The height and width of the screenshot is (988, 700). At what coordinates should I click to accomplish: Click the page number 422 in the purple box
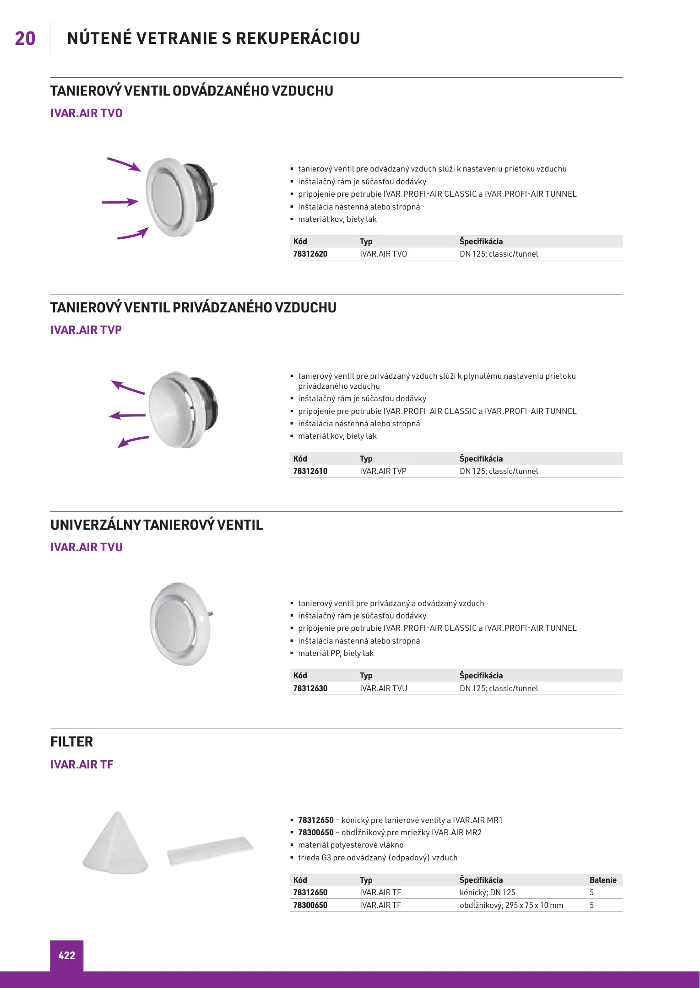click(x=66, y=956)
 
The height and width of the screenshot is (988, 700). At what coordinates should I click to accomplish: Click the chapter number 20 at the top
click(x=25, y=38)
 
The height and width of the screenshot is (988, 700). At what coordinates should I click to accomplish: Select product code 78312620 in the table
click(x=310, y=254)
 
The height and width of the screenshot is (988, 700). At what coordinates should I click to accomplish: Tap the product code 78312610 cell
click(x=310, y=471)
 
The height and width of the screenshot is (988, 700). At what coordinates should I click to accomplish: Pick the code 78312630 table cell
click(x=310, y=688)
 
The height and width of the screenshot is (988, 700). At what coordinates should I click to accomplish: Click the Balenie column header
click(x=603, y=880)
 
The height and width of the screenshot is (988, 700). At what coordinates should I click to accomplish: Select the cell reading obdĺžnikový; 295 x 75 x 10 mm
click(x=511, y=905)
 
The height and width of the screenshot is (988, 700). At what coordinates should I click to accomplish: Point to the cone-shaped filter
click(x=116, y=844)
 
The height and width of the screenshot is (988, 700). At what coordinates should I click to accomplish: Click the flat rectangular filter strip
click(x=210, y=851)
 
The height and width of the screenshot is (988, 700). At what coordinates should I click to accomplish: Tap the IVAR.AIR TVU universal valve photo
click(x=180, y=623)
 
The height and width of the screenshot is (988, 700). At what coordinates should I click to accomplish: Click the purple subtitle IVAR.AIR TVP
click(x=86, y=330)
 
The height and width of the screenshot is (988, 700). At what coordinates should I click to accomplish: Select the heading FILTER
click(x=72, y=742)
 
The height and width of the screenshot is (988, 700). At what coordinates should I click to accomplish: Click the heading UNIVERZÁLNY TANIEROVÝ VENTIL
click(x=157, y=525)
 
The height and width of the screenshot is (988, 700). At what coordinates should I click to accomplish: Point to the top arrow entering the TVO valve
click(x=124, y=164)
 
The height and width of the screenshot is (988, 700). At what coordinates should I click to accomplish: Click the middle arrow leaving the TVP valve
click(x=127, y=415)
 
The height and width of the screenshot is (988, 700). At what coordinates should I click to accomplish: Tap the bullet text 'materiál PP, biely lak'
click(x=336, y=653)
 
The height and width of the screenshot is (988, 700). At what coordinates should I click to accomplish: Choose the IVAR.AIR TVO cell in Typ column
click(x=383, y=254)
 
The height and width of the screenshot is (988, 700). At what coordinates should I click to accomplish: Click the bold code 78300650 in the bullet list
click(x=316, y=832)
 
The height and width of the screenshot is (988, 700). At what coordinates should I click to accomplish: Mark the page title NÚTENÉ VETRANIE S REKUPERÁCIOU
click(x=214, y=38)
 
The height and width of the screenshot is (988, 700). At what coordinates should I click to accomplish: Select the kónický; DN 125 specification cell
click(x=488, y=892)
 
